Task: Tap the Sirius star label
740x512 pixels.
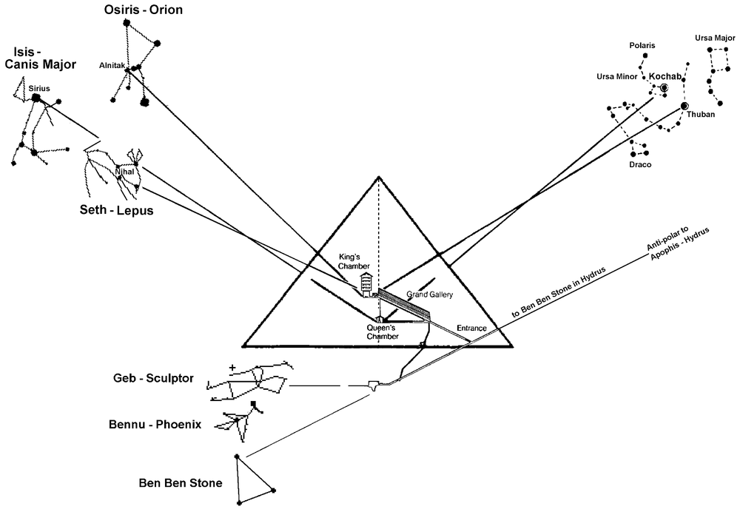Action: tap(40, 88)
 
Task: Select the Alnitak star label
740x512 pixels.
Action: tap(112, 66)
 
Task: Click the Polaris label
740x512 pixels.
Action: tap(642, 46)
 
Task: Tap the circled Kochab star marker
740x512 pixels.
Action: tap(664, 88)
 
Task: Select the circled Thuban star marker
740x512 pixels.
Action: tap(684, 107)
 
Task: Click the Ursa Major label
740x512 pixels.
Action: tap(714, 38)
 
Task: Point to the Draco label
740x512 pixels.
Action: tap(641, 164)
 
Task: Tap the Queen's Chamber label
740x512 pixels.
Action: tap(383, 331)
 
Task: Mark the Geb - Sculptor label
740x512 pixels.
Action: tap(149, 379)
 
